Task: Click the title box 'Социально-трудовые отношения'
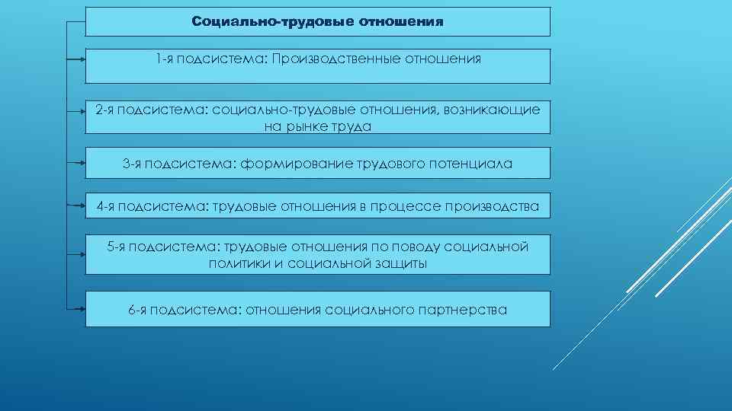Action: (317, 21)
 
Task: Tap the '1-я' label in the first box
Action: (162, 59)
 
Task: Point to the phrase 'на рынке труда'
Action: (317, 127)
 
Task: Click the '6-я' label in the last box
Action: (137, 310)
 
